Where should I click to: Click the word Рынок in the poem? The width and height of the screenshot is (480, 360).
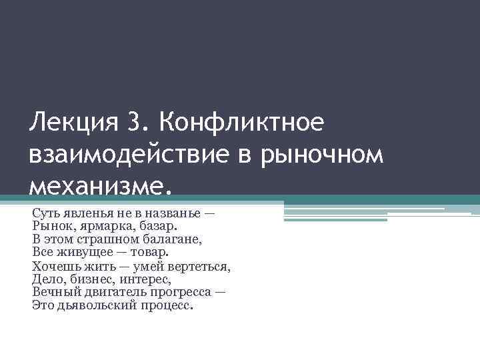[x=50, y=225]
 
